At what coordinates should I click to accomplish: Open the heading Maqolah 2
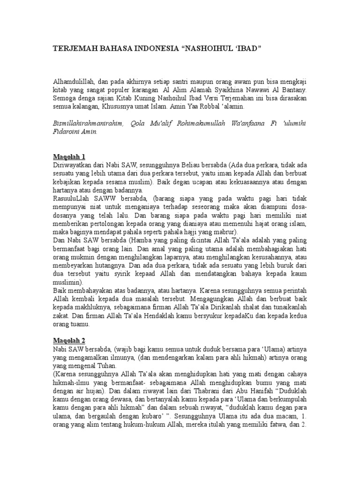point(68,340)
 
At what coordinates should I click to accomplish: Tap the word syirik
point(138,275)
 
